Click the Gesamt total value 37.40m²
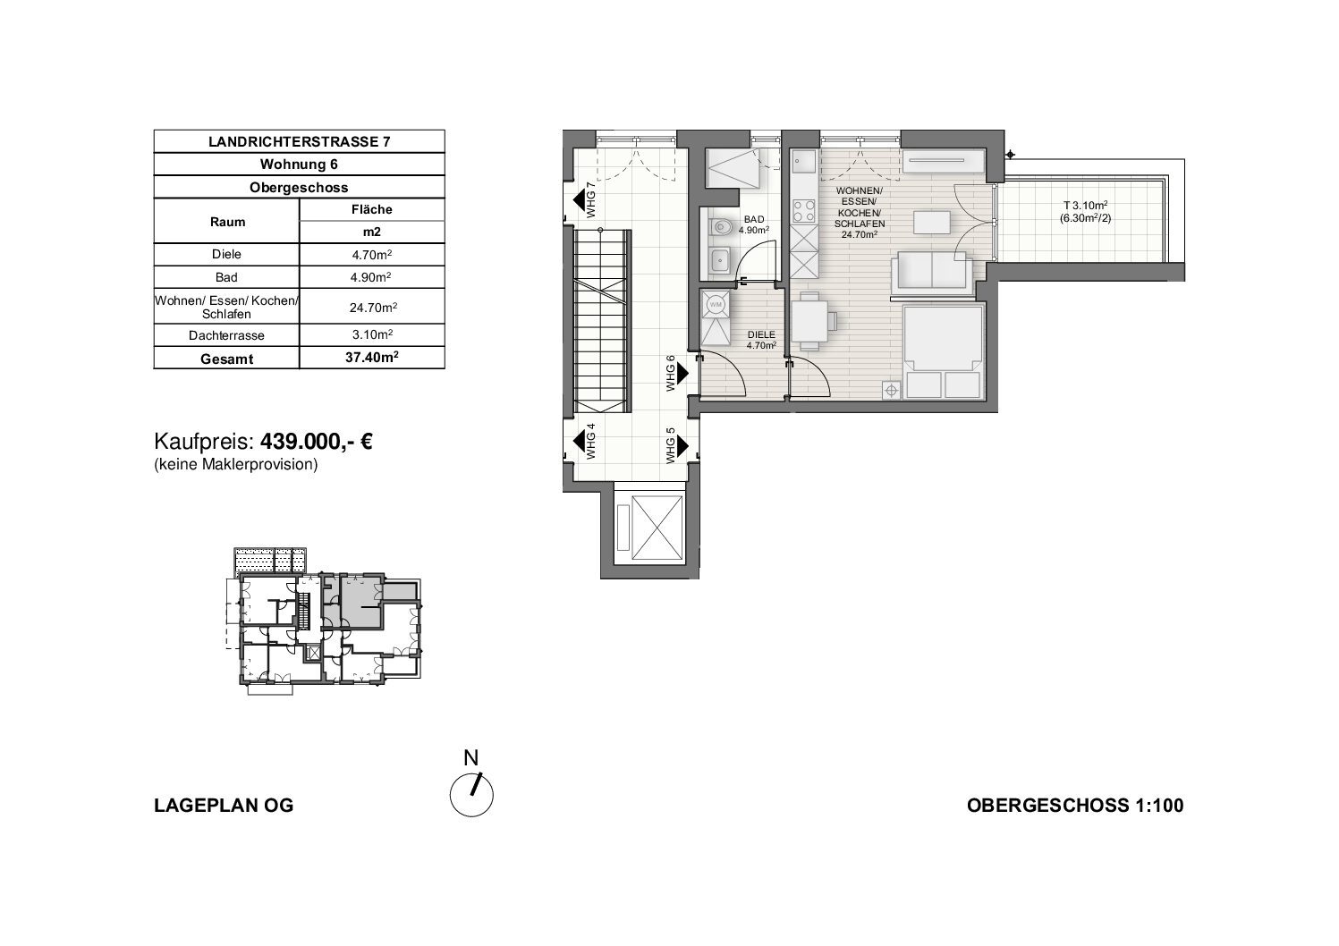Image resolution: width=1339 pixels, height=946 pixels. (x=372, y=358)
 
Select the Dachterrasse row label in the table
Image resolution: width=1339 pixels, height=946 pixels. (x=226, y=335)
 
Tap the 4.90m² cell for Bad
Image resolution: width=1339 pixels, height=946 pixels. (x=372, y=277)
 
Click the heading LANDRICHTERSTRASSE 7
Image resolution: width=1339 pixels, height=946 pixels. (x=299, y=141)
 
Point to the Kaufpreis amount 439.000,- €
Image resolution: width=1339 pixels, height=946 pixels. (x=317, y=442)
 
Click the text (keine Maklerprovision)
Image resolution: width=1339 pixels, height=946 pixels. (x=235, y=464)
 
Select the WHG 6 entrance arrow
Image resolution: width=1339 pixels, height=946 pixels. (x=682, y=374)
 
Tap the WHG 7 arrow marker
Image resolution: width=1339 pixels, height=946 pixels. (x=580, y=200)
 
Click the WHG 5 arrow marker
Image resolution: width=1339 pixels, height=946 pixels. (x=682, y=446)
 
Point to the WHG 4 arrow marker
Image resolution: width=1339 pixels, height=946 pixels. (x=580, y=442)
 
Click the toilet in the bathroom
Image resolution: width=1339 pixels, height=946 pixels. (x=720, y=226)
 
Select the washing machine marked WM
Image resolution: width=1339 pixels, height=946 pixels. (x=716, y=305)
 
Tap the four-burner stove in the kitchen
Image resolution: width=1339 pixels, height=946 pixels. (x=803, y=211)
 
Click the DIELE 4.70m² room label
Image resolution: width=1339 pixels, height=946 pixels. (x=761, y=340)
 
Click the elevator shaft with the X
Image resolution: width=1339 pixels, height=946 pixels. (x=657, y=527)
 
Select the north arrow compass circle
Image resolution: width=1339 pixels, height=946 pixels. (x=471, y=795)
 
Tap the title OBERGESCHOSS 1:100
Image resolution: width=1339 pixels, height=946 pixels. (x=1075, y=806)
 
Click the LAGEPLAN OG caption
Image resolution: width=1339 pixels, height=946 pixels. (x=225, y=806)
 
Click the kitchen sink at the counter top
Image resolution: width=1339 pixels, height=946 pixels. (x=804, y=162)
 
